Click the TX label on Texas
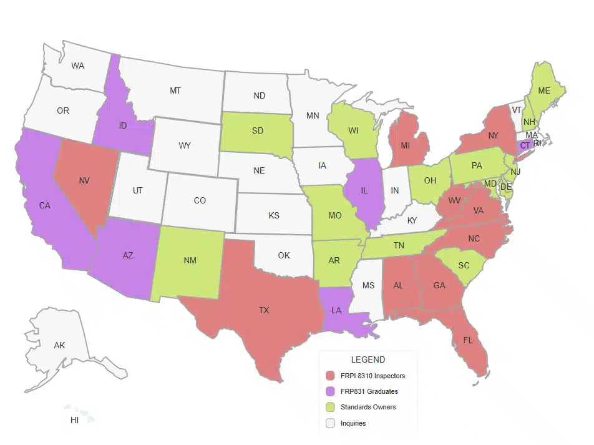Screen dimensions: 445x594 [264, 310]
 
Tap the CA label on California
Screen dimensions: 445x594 [44, 205]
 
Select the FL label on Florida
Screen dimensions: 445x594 [467, 341]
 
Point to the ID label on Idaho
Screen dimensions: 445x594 [123, 125]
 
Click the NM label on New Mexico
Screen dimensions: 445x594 [190, 260]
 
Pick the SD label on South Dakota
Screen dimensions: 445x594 [257, 131]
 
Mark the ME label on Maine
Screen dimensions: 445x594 [544, 90]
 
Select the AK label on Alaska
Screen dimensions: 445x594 [59, 345]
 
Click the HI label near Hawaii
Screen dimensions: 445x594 [74, 421]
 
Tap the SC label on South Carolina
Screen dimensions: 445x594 [464, 265]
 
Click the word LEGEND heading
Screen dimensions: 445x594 [368, 359]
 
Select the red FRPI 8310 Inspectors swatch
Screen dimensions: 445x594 [331, 376]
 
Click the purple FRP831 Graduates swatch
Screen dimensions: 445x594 [331, 391]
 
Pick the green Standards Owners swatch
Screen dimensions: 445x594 [331, 407]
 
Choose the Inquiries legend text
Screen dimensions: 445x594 [353, 423]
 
